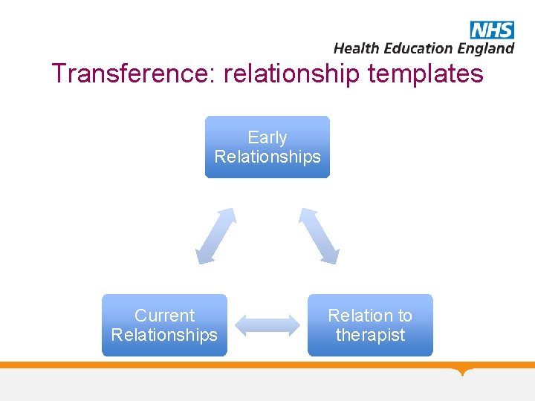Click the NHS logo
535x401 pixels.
click(492, 30)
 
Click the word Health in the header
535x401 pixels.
click(357, 48)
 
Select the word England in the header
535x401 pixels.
click(485, 48)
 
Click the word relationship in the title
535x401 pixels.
click(288, 74)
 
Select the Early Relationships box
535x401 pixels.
click(267, 147)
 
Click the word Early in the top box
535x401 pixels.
click(267, 137)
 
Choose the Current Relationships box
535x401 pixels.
click(164, 325)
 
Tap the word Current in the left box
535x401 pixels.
click(164, 316)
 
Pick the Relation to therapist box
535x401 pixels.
click(370, 325)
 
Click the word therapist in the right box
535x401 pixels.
click(370, 335)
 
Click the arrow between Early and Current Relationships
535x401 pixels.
click(215, 236)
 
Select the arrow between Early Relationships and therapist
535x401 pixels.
click(319, 236)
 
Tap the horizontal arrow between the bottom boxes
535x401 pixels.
click(267, 325)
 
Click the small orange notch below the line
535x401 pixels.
click(464, 371)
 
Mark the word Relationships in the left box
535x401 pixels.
click(164, 335)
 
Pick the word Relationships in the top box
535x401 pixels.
click(267, 157)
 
